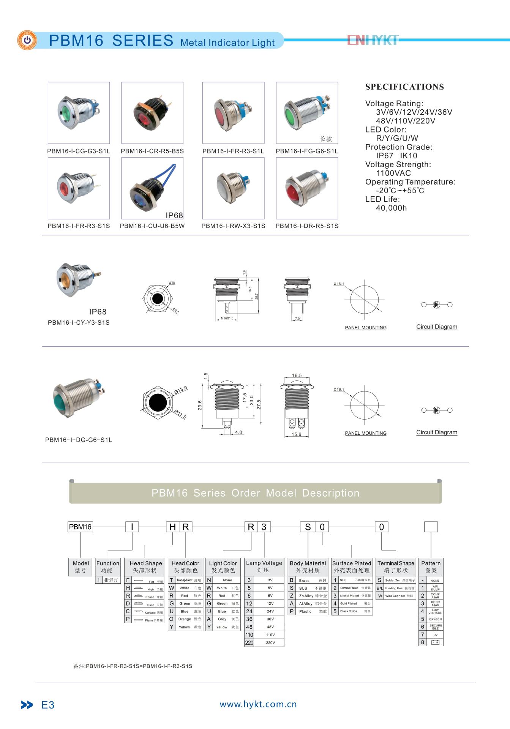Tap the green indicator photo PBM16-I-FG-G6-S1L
[x=307, y=112]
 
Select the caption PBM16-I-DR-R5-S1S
[x=307, y=226]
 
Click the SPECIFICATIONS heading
[x=404, y=87]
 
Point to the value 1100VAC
[x=393, y=173]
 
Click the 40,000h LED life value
[x=391, y=208]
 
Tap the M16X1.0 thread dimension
[x=227, y=318]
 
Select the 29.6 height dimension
[x=200, y=405]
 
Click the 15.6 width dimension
[x=296, y=434]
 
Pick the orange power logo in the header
[x=27, y=40]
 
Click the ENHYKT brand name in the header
[x=373, y=40]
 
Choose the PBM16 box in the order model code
[x=80, y=527]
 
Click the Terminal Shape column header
[x=396, y=567]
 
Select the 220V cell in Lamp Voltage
[x=270, y=643]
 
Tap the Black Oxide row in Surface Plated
[x=352, y=611]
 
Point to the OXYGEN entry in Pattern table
[x=435, y=619]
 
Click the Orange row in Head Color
[x=185, y=619]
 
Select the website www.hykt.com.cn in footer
[x=258, y=704]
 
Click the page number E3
[x=48, y=705]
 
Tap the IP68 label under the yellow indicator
[x=98, y=312]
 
